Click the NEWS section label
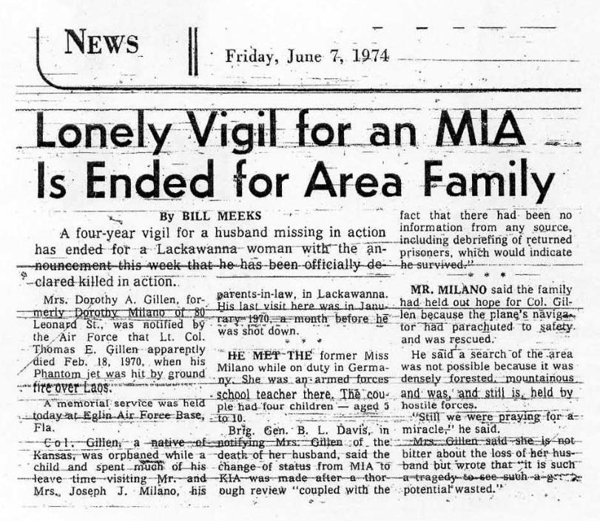coord(101,44)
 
